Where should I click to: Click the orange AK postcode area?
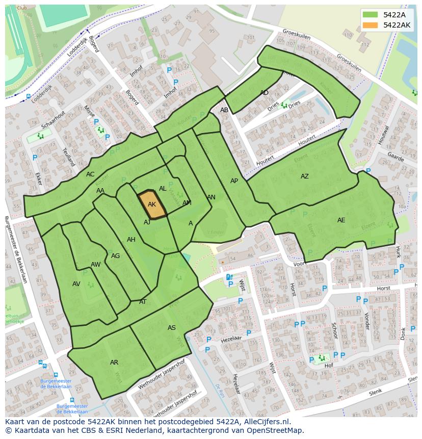[152, 204]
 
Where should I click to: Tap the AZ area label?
[304, 176]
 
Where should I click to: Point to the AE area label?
[341, 220]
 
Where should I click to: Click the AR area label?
[114, 363]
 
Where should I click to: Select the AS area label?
[172, 328]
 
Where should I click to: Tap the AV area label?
[76, 284]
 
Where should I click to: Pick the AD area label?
[264, 93]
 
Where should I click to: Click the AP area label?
[234, 181]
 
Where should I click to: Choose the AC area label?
[90, 174]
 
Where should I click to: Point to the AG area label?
[115, 256]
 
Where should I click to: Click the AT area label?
[143, 302]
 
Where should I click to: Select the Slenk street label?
[375, 392]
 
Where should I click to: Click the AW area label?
[95, 265]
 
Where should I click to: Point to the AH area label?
[131, 240]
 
